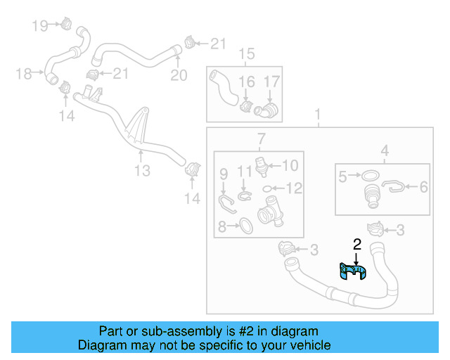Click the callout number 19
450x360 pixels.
[x=40, y=26]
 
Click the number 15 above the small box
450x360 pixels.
[x=246, y=54]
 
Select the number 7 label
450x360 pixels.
[x=260, y=137]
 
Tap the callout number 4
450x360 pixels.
[x=385, y=149]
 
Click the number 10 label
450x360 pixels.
[x=290, y=166]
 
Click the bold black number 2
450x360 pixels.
[x=356, y=245]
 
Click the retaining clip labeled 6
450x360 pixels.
[x=395, y=186]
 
